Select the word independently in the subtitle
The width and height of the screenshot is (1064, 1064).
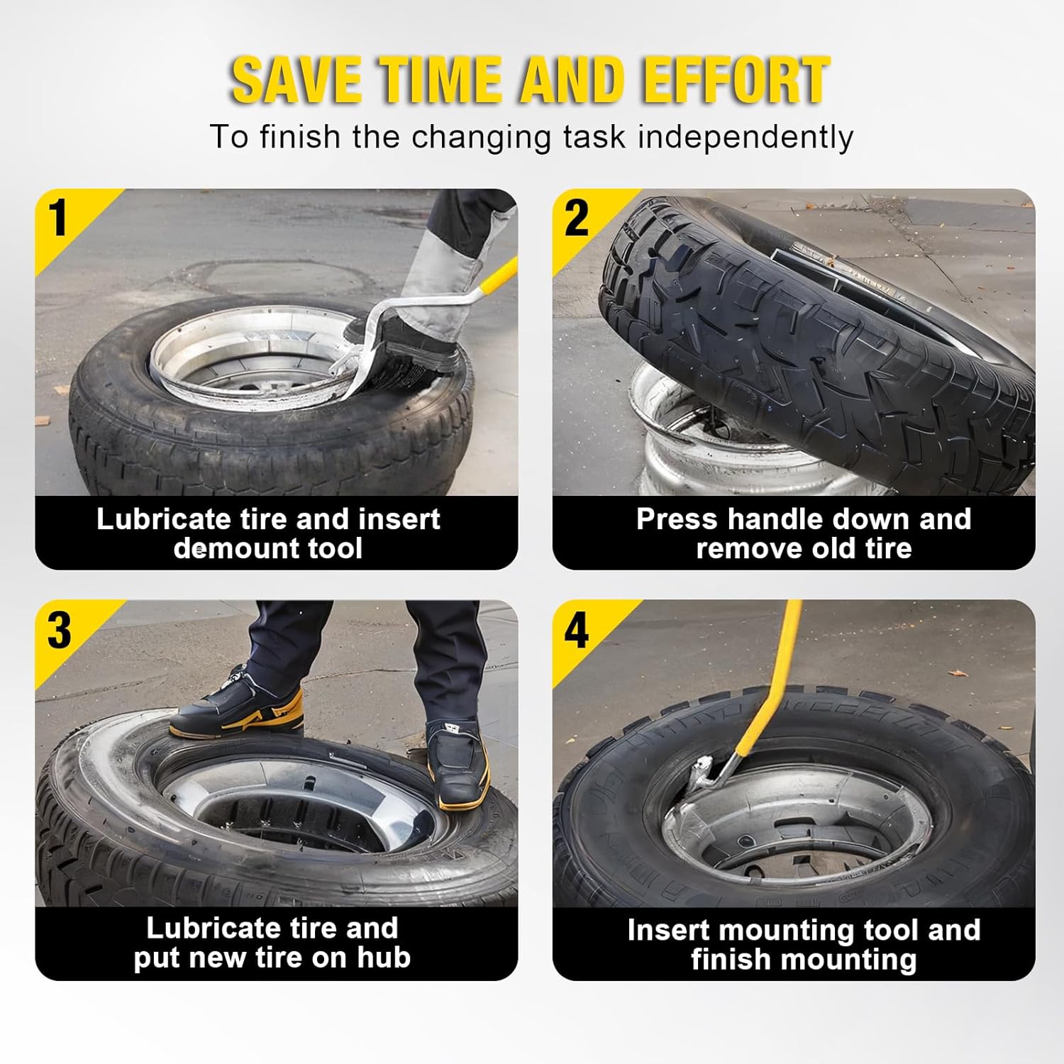click(745, 137)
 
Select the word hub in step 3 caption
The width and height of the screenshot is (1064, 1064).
click(384, 958)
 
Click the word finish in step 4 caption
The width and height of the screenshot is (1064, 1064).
click(731, 960)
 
